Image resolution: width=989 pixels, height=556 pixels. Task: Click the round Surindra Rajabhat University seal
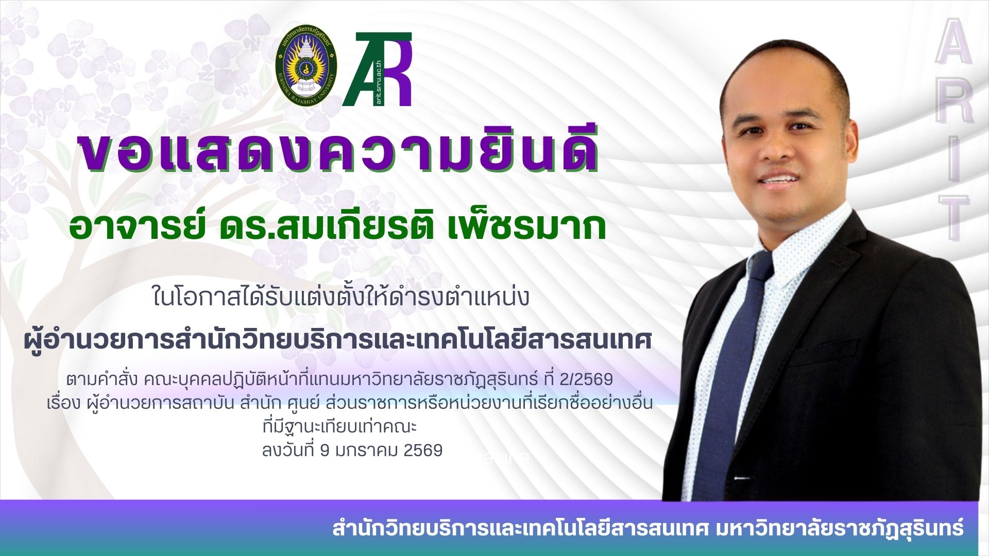point(305,70)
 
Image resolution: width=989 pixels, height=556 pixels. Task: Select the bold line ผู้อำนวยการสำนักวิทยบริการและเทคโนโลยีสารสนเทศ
point(338,340)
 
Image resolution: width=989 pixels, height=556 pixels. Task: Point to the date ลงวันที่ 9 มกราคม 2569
point(352,450)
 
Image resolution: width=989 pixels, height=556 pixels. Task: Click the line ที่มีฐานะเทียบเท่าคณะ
point(339,427)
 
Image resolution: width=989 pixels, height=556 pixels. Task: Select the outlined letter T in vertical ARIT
point(953,216)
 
